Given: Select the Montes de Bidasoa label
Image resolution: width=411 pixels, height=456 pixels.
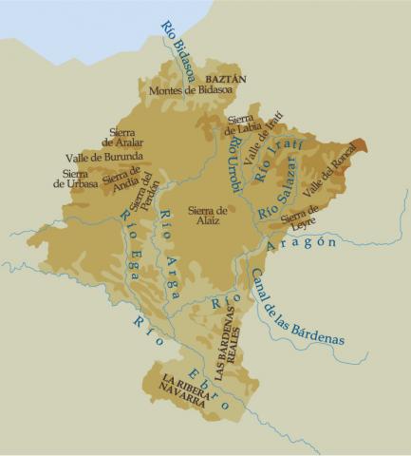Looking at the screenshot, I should [x=191, y=91].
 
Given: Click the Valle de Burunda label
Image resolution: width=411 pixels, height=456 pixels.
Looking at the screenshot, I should [x=104, y=157].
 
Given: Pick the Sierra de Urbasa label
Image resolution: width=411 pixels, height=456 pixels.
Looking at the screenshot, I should [x=74, y=179].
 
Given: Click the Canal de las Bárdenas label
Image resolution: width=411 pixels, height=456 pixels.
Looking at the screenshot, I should [x=295, y=307].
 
